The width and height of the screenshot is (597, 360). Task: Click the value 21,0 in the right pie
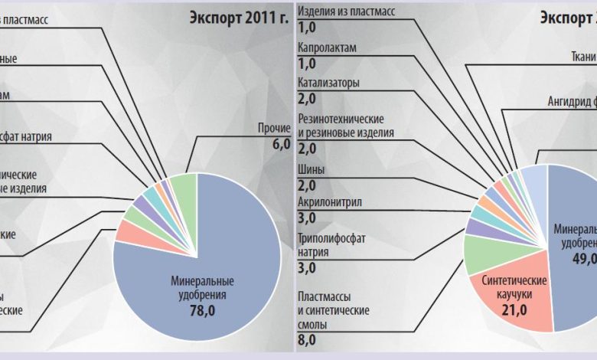click(x=514, y=309)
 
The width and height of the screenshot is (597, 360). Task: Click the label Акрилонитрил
click(x=329, y=203)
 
